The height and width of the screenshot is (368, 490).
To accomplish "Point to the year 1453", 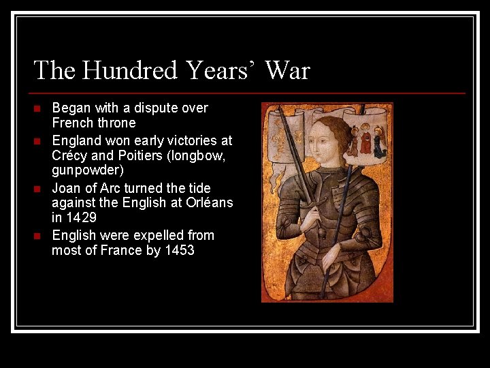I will pyautogui.click(x=179, y=250).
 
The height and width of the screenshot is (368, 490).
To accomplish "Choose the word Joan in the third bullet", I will pyautogui.click(x=67, y=188).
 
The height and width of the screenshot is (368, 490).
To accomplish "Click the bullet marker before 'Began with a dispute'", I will pyautogui.click(x=38, y=108).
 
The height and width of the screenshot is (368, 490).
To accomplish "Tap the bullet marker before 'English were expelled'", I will pyautogui.click(x=38, y=236).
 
